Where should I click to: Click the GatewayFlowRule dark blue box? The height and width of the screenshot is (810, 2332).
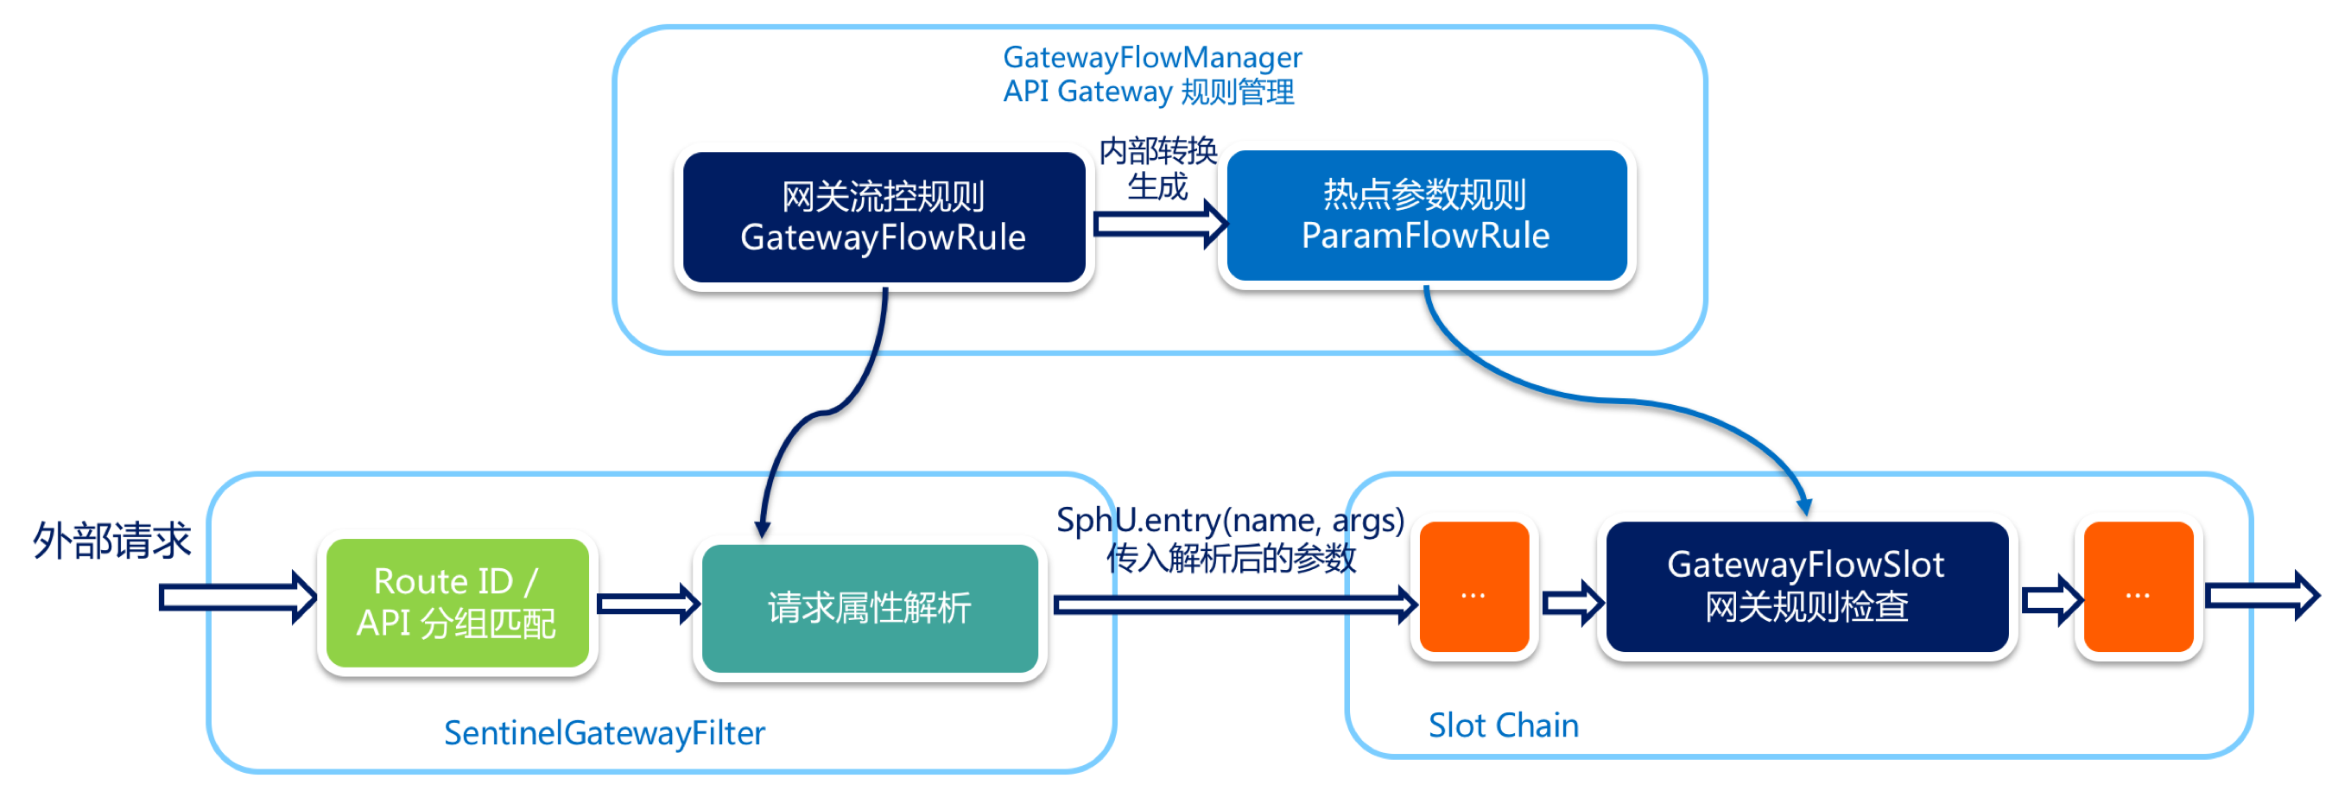coord(884,218)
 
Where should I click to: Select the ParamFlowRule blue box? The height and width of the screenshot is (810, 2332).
coord(1426,215)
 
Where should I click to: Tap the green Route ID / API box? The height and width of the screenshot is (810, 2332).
coord(457,603)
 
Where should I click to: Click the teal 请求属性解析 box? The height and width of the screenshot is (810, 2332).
coord(869,608)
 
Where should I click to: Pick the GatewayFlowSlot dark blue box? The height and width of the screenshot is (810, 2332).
coord(1806,586)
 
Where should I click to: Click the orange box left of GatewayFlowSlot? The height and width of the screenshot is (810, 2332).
coord(1473,586)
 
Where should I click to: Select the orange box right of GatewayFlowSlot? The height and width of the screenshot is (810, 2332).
coord(2138,586)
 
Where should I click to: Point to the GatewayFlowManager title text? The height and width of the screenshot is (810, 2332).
coord(1151,58)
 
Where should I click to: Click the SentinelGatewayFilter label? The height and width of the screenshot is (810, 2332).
coord(604,733)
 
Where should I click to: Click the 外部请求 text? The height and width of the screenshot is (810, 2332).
coord(112,541)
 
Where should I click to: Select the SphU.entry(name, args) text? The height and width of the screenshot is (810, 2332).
coord(1229,521)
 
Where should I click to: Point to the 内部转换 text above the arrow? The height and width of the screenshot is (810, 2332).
coord(1158,150)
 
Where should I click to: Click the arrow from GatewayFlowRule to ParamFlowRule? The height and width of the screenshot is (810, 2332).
coord(1159,224)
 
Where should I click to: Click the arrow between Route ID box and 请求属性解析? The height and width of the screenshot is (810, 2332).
coord(647,604)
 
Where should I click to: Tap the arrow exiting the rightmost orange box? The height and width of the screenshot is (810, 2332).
coord(2260,596)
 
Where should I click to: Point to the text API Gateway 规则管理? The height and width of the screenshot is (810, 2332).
coord(1148,92)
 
